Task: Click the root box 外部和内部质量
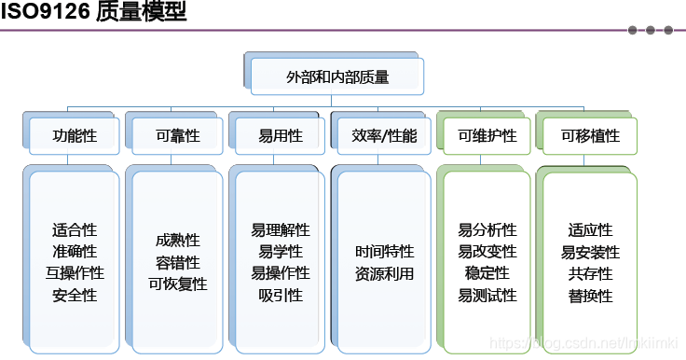337,78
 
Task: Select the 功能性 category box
75,136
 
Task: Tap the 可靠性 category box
178,136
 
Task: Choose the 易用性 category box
281,136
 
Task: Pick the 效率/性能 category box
384,136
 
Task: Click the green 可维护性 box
487,136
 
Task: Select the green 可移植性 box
590,136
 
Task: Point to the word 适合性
75,229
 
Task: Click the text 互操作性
75,273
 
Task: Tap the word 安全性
75,296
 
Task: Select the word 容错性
178,262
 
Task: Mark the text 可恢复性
178,284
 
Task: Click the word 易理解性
281,229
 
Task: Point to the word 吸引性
281,296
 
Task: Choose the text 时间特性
384,252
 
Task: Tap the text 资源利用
384,274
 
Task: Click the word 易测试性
487,296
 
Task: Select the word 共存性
590,273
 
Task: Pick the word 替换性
590,296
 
